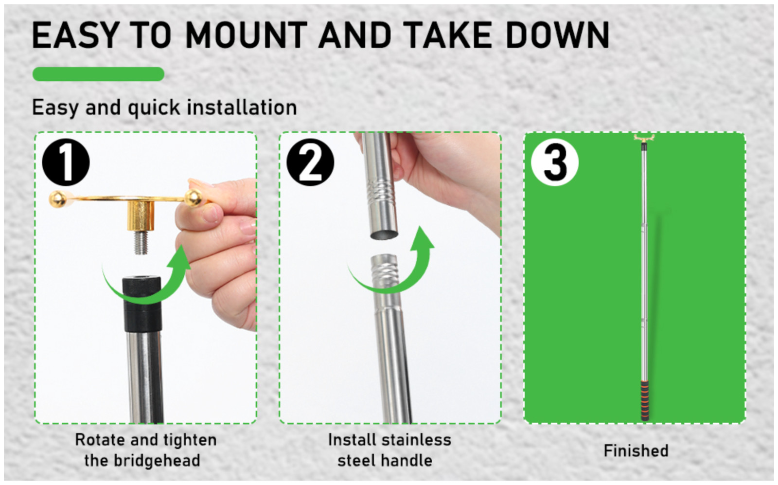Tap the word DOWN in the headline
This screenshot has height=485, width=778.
point(558,35)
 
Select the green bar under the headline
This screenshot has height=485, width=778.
point(98,74)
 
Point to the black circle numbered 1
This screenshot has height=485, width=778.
point(66,162)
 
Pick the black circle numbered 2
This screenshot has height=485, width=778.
point(310,162)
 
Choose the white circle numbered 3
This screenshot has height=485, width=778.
point(555,162)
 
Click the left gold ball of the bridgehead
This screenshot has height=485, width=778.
point(58,199)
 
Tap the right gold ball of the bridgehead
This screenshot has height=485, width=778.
point(193,198)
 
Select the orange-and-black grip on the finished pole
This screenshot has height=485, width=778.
point(645,401)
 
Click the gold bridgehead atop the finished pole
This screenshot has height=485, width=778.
point(644,139)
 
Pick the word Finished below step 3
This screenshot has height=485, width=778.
point(636,451)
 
